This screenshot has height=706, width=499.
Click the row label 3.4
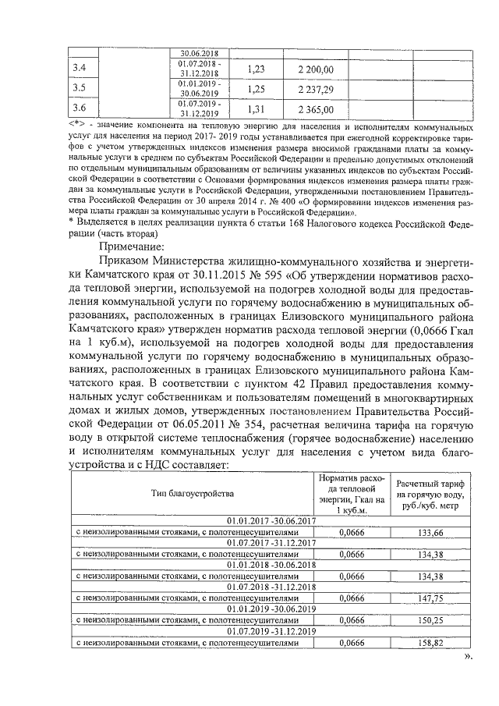[x=79, y=69]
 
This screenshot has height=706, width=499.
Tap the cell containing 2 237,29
[x=315, y=89]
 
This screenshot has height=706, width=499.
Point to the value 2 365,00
[x=315, y=109]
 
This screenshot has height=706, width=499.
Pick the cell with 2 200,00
[x=315, y=69]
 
